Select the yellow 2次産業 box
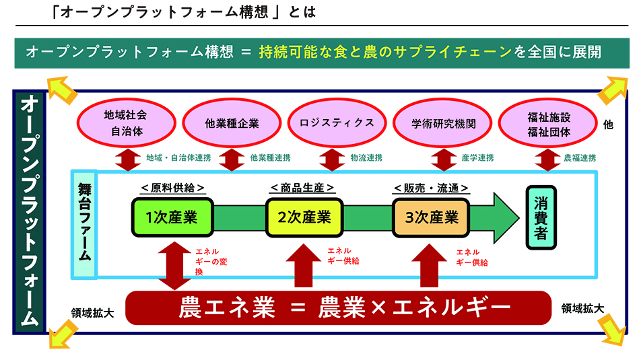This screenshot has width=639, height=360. coord(304,217)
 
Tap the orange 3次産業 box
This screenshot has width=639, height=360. coord(432,217)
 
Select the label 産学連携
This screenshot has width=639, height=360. coord(477,158)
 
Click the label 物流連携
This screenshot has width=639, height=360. coord(366,158)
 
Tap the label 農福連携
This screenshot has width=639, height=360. coord(579,158)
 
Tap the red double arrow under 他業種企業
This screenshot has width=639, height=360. coord(232,159)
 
